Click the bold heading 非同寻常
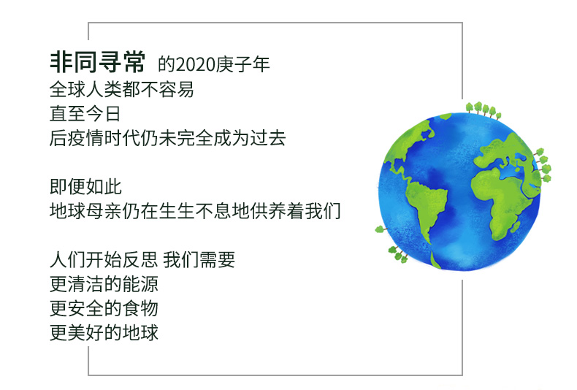[x=98, y=62]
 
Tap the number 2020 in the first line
[x=196, y=65]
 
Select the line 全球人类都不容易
[x=122, y=89]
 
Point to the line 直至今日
[x=85, y=113]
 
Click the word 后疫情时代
[x=94, y=138]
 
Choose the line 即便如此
[x=85, y=186]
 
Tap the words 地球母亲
[x=85, y=211]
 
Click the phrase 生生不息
[x=195, y=211]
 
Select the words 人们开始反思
[x=104, y=259]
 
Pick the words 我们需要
[x=199, y=259]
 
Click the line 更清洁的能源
[x=104, y=283]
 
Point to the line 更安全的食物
[x=104, y=308]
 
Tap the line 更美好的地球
[x=104, y=332]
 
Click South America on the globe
[x=427, y=206]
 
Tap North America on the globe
[x=408, y=148]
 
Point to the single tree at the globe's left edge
[x=381, y=230]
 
